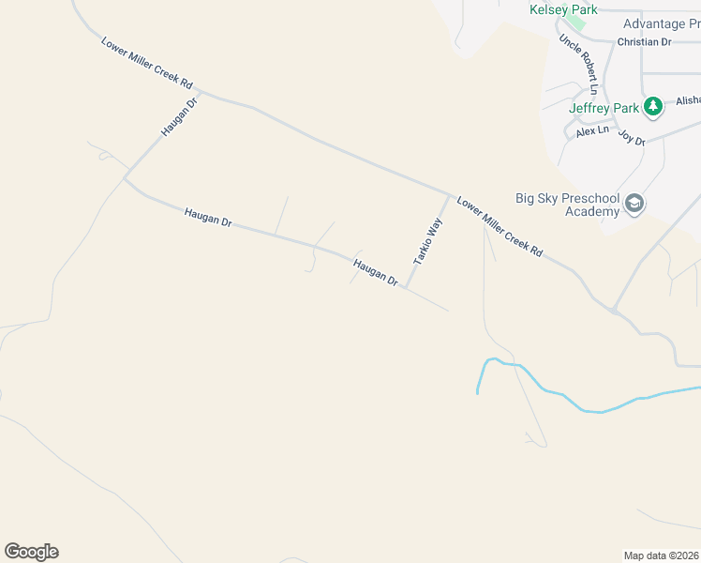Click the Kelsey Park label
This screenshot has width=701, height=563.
coord(563,9)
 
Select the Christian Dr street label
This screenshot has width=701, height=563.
coord(644,42)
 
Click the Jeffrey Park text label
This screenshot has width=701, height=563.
coord(604,107)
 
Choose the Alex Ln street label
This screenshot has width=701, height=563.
coord(592,131)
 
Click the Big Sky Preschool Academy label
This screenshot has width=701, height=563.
coord(567,205)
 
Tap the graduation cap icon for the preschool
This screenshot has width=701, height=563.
coord(635,205)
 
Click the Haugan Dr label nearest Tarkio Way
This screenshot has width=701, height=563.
coord(376,272)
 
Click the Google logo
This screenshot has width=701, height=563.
coord(31,552)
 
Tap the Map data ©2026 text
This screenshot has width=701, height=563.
coord(661,555)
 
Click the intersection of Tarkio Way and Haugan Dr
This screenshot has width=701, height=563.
coord(406,287)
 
